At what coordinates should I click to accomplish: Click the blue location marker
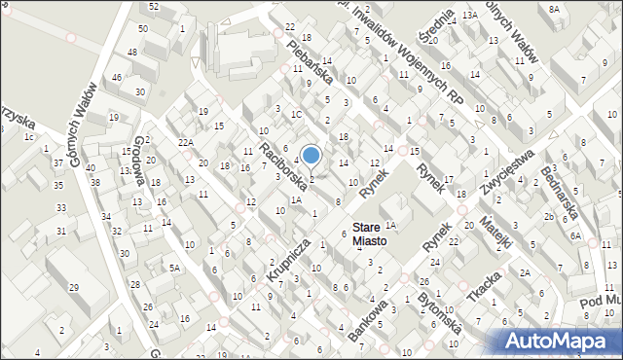[x=311, y=155]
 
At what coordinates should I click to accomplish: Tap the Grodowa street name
[x=139, y=161]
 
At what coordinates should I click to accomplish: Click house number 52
[x=154, y=7]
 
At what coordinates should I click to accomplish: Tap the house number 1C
[x=296, y=114]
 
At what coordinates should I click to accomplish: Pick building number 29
[x=73, y=287]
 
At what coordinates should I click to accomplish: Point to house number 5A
[x=175, y=268]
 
